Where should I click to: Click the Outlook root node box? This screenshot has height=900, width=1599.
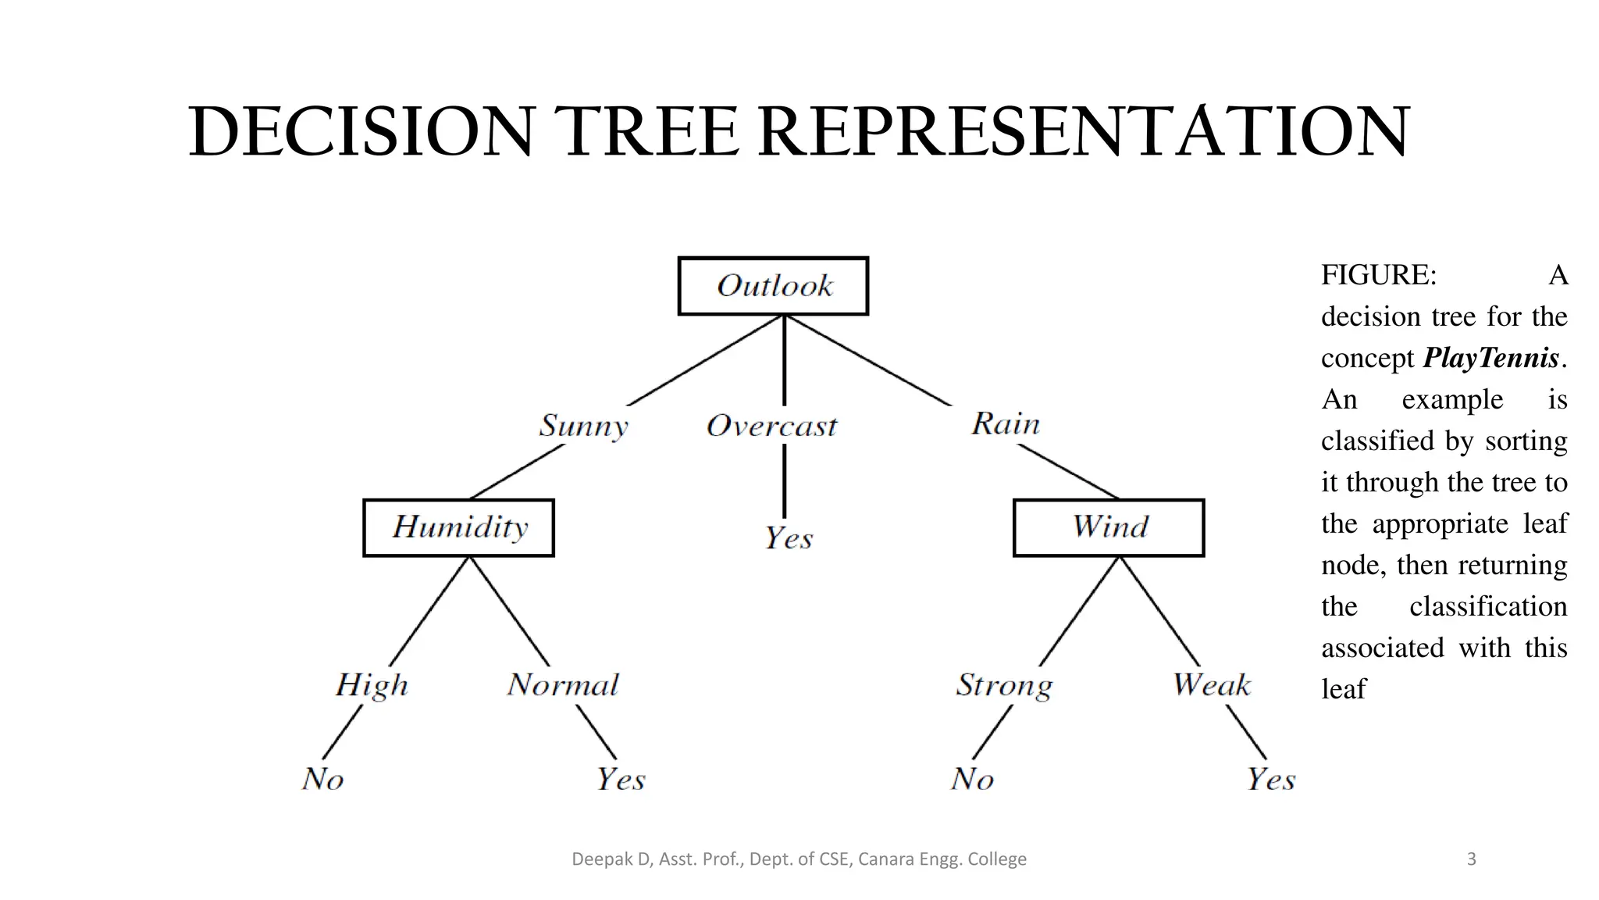click(773, 286)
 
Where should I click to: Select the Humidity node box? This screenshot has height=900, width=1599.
click(458, 527)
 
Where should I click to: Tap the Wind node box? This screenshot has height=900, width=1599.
click(1109, 527)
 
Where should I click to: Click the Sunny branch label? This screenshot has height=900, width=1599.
click(583, 426)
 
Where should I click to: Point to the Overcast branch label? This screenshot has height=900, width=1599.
click(771, 426)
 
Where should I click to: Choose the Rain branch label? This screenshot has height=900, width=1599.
click(1006, 423)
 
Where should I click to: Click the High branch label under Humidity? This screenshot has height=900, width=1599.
click(372, 685)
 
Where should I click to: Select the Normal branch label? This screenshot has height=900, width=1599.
click(563, 685)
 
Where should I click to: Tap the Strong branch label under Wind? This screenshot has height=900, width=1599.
click(1004, 685)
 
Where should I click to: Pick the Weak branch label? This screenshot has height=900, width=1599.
click(1211, 685)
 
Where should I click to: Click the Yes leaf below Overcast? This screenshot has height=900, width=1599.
click(788, 538)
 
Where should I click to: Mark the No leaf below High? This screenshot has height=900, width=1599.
click(322, 779)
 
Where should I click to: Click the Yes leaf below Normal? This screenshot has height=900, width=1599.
click(621, 779)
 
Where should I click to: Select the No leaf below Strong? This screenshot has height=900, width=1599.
click(972, 779)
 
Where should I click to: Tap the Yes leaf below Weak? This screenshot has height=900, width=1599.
click(1270, 779)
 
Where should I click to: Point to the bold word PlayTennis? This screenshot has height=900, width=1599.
click(1490, 358)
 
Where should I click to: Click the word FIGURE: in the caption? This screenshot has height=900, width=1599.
click(1378, 275)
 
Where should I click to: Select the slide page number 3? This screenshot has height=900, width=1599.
click(1472, 859)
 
